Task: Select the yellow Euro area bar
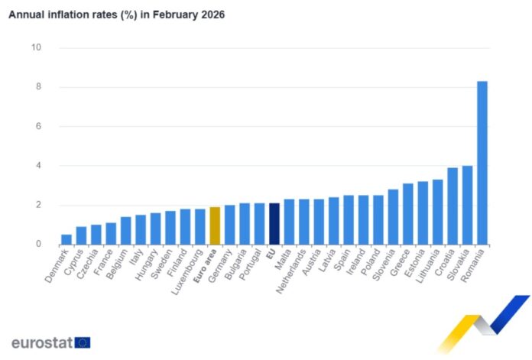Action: pos(215,226)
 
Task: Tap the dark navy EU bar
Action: pos(274,224)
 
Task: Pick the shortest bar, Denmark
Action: pos(66,239)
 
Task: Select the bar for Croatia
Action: pos(453,206)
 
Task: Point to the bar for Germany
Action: pos(229,225)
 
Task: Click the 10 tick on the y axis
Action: pos(35,48)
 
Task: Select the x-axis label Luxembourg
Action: pos(186,268)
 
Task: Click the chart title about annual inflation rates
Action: pos(116,15)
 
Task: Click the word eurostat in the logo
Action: pos(42,342)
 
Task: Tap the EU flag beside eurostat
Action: pos(83,342)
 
